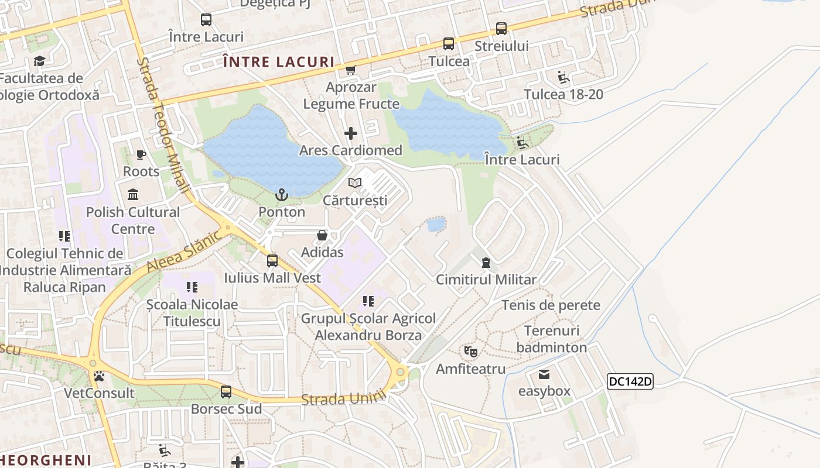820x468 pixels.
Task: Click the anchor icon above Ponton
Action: pos(282,195)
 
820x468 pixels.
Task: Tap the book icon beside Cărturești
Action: pos(355,183)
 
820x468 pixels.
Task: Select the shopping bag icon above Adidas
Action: pos(322,235)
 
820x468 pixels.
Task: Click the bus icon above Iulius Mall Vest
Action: pos(272,260)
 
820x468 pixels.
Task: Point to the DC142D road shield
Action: pos(630,382)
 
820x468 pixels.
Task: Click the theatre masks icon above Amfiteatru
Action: pos(471,352)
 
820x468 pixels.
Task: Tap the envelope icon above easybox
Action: pos(544,374)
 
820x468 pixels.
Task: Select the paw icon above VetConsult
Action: pos(99,376)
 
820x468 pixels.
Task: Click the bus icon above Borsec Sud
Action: pos(226,391)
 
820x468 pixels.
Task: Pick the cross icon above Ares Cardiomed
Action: pos(351,133)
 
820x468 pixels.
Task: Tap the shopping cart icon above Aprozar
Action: pos(350,70)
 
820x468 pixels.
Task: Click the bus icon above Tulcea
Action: pos(449,44)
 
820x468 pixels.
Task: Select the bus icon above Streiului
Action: pos(501,29)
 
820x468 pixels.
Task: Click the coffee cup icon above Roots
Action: pos(141,154)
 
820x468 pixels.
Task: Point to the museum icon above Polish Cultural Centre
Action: pos(133,194)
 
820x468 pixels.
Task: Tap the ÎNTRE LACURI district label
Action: pos(279,62)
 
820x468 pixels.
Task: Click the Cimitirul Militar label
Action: pos(486,280)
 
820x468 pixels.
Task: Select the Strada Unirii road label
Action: pos(344,398)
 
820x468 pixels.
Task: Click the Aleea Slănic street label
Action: pos(184,251)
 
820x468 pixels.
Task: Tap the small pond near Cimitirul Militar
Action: pos(436,224)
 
